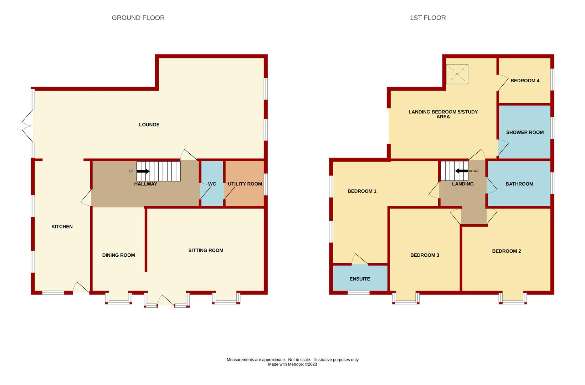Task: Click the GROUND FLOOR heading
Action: pos(138,18)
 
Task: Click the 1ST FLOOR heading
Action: pos(427,18)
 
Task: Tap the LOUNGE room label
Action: pos(149,124)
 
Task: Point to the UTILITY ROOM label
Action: pos(245,184)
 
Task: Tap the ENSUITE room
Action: pos(360,279)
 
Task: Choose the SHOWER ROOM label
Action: pos(525,132)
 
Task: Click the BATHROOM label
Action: pos(519,184)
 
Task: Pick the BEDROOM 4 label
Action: pos(525,81)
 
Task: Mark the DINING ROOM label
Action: pos(118,255)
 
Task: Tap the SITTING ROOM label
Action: pos(206,250)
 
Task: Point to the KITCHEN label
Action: pos(62,226)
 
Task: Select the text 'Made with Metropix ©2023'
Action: pos(292,364)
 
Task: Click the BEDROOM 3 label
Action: pos(425,255)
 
